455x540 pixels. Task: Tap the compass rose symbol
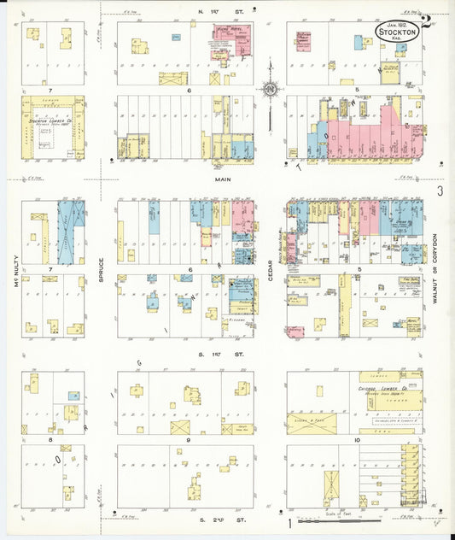click(271, 88)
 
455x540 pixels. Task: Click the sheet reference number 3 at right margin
click(440, 193)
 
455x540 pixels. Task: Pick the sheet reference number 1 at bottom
click(291, 520)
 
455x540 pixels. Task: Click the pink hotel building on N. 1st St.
click(225, 38)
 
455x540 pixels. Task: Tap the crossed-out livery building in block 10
click(332, 488)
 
